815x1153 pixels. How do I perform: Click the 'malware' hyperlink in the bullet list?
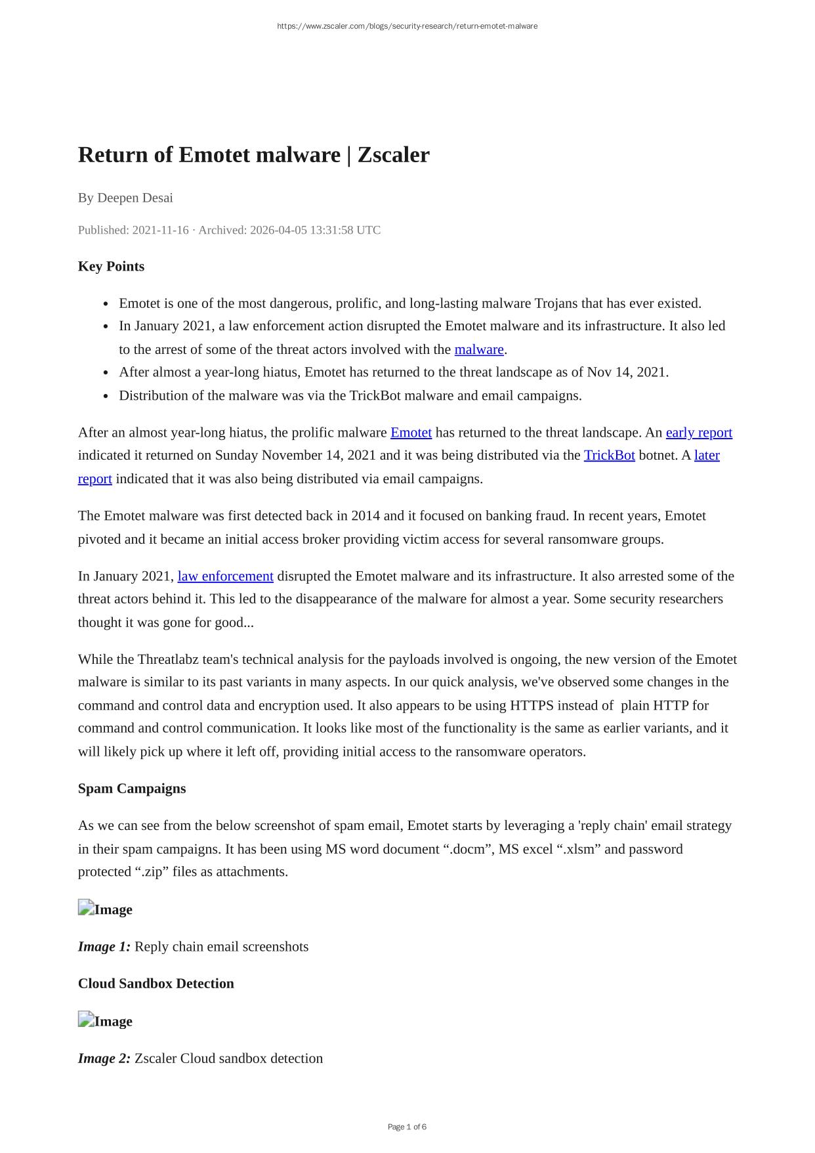point(479,349)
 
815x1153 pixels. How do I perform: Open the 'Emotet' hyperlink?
point(411,433)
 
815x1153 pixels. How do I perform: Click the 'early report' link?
point(699,433)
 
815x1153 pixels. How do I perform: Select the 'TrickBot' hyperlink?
point(609,456)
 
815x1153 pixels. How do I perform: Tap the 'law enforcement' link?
point(225,576)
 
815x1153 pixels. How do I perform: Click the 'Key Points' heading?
point(111,267)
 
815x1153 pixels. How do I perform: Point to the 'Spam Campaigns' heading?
point(132,789)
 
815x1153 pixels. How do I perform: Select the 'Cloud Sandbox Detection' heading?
point(156,984)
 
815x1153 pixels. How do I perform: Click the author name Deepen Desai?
point(135,198)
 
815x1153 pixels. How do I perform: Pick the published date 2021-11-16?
point(160,230)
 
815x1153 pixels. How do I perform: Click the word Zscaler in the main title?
point(393,155)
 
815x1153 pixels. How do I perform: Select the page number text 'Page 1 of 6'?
point(407,1127)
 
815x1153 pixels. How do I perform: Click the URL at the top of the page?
point(407,26)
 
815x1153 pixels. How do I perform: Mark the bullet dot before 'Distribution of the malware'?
point(106,397)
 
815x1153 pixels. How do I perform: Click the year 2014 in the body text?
point(366,516)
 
